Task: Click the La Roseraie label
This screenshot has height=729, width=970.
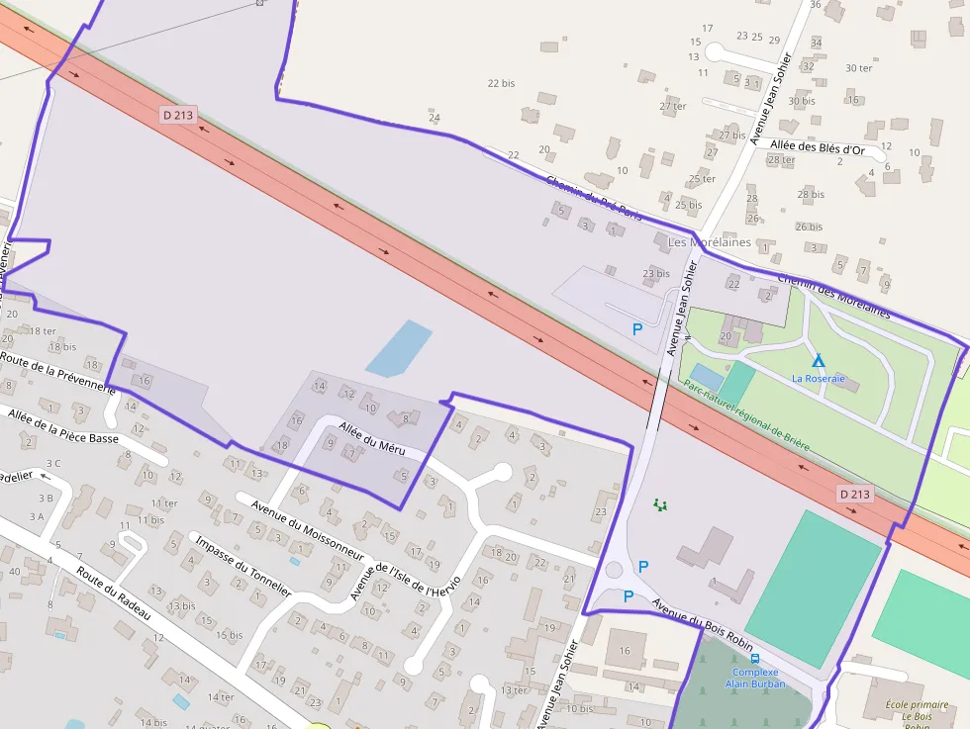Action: click(x=818, y=378)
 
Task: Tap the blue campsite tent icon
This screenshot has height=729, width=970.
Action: click(x=818, y=360)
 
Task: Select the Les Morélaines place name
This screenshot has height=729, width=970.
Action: click(x=709, y=242)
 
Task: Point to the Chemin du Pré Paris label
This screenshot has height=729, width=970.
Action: click(x=594, y=197)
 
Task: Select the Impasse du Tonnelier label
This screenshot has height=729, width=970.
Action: click(x=242, y=566)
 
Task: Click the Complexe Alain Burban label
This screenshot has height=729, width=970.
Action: click(x=754, y=678)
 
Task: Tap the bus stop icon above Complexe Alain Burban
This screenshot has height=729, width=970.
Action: click(x=755, y=659)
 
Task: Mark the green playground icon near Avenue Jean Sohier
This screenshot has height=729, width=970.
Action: click(x=660, y=504)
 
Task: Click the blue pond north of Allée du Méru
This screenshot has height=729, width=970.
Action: click(x=399, y=348)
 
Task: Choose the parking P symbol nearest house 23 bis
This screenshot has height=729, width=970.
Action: click(x=637, y=329)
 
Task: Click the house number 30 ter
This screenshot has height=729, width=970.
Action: click(x=858, y=68)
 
